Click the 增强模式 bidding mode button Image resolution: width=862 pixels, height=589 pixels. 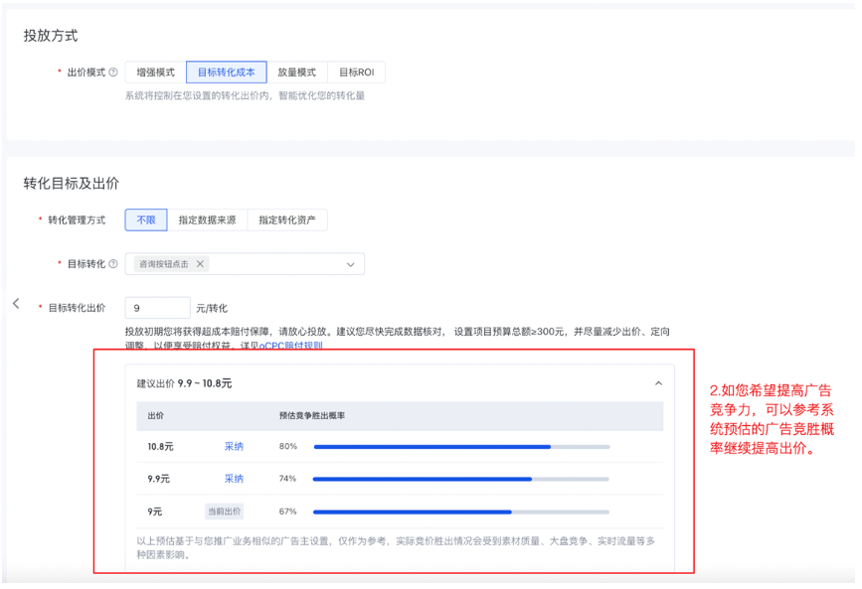[x=155, y=73]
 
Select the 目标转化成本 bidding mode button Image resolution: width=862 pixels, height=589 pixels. [x=226, y=73]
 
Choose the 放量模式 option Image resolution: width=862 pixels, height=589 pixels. [x=296, y=73]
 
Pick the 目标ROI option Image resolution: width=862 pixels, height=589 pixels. [x=355, y=73]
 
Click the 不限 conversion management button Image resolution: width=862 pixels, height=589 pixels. [x=146, y=221]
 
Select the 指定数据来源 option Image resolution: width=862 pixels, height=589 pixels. [x=207, y=221]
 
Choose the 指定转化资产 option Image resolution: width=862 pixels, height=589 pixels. [x=287, y=221]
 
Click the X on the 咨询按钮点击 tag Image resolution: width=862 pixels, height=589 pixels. [x=200, y=264]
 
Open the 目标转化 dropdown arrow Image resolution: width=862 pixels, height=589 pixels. [x=350, y=265]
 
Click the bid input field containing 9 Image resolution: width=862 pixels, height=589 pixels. [x=157, y=308]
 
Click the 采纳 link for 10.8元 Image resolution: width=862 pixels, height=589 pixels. [x=234, y=447]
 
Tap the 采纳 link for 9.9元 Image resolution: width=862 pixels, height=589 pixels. [x=234, y=479]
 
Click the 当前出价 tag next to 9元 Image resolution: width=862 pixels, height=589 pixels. [x=224, y=512]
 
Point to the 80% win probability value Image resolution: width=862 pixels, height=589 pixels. [x=288, y=447]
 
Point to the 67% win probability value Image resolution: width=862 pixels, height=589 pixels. [x=288, y=512]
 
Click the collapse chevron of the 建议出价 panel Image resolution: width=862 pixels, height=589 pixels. [x=658, y=383]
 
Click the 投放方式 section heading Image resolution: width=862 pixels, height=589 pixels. [x=51, y=36]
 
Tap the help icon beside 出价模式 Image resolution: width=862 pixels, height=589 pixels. [x=113, y=73]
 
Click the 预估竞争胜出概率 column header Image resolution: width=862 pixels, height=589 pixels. [x=312, y=415]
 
